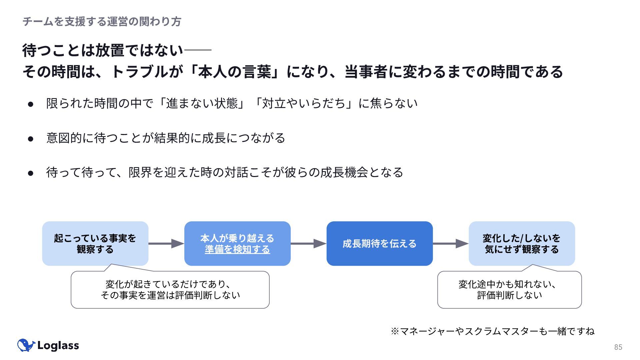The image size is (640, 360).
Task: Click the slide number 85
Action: (618, 347)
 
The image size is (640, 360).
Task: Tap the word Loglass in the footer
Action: (58, 346)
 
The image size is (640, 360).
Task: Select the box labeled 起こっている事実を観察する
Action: (95, 244)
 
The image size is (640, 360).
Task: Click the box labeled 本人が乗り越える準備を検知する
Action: (237, 244)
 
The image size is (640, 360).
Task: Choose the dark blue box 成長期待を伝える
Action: (380, 244)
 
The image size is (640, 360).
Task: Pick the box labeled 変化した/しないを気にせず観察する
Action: (522, 244)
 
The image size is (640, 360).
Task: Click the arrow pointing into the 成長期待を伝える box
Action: (309, 244)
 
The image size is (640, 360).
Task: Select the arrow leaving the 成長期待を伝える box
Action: (451, 244)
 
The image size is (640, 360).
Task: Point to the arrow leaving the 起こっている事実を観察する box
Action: (166, 244)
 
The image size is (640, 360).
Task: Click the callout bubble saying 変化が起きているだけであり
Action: (170, 289)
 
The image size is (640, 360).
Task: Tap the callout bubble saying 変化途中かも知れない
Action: (509, 289)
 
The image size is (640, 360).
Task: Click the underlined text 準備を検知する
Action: (237, 249)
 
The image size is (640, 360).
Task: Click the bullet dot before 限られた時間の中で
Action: (31, 104)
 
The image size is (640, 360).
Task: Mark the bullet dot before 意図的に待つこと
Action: (31, 139)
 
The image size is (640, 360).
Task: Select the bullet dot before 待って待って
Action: (31, 173)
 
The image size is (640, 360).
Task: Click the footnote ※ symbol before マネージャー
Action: (395, 331)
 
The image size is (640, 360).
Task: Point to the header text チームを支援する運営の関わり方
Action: (102, 22)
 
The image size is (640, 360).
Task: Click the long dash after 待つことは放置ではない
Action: (198, 50)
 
